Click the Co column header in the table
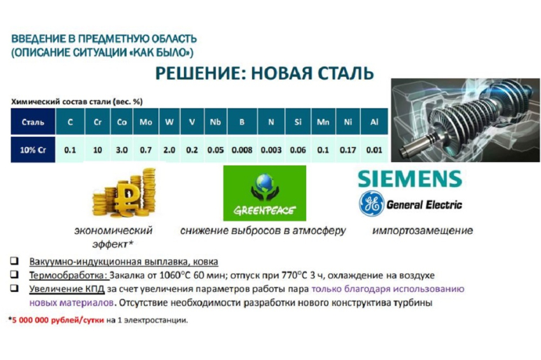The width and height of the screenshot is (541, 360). (121, 121)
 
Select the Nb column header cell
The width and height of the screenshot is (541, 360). (214, 121)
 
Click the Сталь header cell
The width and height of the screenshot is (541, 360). (32, 121)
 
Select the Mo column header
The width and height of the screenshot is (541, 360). (146, 121)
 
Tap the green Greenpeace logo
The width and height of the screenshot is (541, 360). (264, 193)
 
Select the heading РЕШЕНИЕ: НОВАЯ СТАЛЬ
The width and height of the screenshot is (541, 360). (265, 73)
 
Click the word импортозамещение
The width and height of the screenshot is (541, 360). (422, 230)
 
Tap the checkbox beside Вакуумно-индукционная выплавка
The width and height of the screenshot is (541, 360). (14, 261)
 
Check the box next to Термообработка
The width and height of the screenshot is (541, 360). (14, 275)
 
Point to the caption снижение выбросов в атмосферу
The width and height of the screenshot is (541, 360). (263, 230)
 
